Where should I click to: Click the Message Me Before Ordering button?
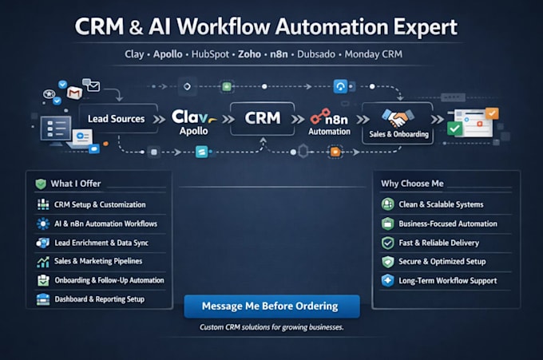click(271, 307)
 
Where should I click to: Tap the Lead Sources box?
click(118, 119)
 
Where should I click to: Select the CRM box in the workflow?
click(263, 118)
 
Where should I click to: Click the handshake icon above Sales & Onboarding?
click(398, 117)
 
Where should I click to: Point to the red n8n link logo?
click(320, 117)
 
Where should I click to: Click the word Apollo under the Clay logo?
click(193, 131)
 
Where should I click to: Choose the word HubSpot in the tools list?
click(210, 54)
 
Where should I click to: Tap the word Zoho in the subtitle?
click(249, 54)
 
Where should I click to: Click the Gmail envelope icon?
click(74, 93)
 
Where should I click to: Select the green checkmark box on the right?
click(454, 129)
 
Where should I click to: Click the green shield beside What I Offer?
click(41, 184)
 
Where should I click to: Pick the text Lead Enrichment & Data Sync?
click(101, 243)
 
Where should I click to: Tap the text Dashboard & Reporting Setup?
click(99, 299)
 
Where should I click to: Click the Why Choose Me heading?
click(412, 184)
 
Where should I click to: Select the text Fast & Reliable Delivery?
click(438, 243)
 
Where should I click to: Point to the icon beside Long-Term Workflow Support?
click(387, 280)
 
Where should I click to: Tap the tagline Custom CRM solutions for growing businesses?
click(271, 327)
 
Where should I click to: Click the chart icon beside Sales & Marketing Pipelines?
click(43, 262)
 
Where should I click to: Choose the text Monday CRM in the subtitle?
click(374, 54)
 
